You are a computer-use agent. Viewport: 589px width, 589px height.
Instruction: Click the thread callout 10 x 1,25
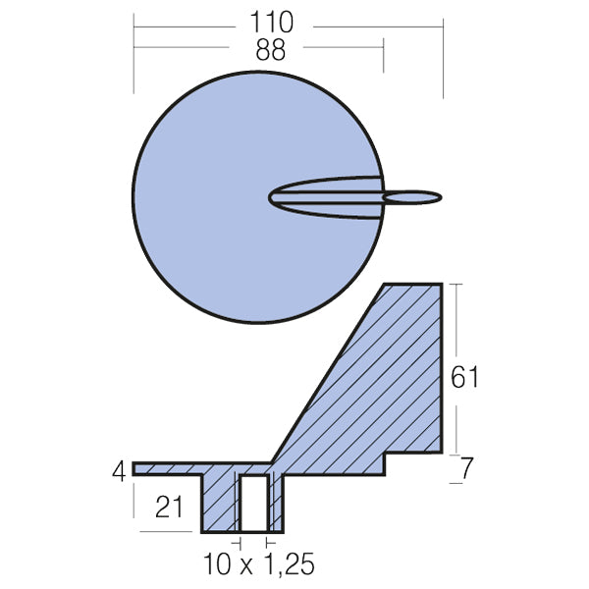tap(261, 565)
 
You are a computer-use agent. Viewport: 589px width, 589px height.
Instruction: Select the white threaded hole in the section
tap(253, 504)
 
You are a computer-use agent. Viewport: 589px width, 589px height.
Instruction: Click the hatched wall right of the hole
tap(276, 503)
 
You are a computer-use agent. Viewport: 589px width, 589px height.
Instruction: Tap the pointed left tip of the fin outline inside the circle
tap(271, 197)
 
